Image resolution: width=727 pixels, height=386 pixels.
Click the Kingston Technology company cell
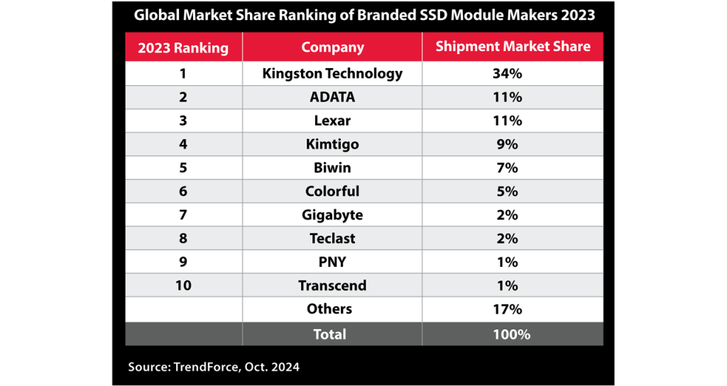tap(332, 73)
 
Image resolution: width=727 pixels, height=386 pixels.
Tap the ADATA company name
tap(332, 97)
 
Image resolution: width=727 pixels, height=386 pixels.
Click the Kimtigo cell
tap(332, 144)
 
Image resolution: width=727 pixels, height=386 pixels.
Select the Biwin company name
tap(332, 167)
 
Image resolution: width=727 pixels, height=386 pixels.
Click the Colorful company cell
tap(332, 191)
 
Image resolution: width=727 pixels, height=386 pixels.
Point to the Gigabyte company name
tap(332, 214)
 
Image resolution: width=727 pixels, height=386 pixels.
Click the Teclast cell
tap(332, 238)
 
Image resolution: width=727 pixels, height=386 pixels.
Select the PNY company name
tap(332, 262)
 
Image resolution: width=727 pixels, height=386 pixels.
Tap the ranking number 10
tap(183, 285)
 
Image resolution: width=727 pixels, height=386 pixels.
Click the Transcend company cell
tap(332, 285)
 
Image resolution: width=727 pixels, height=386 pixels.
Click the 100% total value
tap(512, 333)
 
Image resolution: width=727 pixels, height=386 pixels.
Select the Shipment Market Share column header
tap(513, 47)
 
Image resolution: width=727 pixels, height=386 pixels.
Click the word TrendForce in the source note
tap(204, 367)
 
